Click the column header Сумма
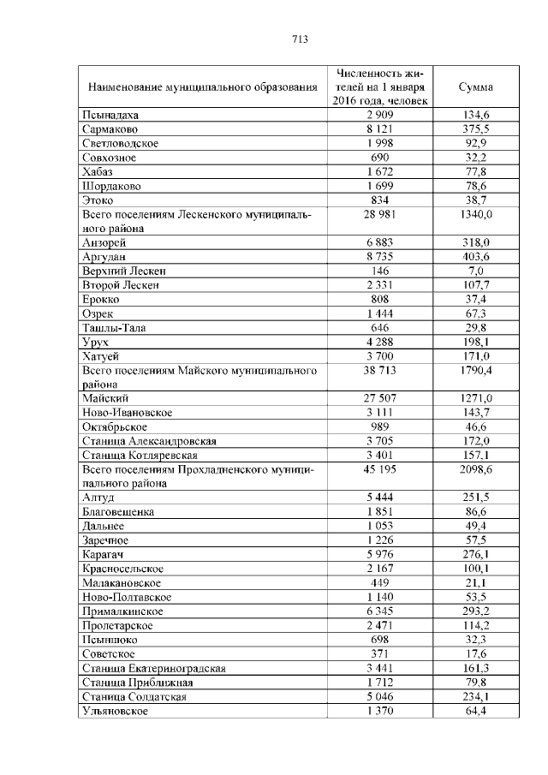coord(475,87)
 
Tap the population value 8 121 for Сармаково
coord(378,129)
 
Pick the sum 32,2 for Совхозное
coord(476,158)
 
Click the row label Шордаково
coord(111,186)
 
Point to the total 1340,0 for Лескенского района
coord(475,214)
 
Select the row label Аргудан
coord(105,257)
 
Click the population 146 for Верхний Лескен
coord(378,271)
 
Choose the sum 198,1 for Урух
coord(476,342)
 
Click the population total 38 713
coord(378,370)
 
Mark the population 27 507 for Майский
coord(378,399)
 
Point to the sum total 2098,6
coord(475,469)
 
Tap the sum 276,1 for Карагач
coord(476,554)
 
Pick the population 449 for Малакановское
coord(378,583)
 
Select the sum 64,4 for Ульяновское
coord(476,711)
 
